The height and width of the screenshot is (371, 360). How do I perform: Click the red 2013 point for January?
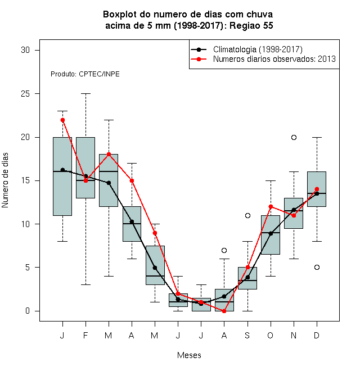point(62,120)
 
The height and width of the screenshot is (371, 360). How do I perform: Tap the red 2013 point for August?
point(224,311)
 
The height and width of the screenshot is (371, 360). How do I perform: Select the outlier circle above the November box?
point(294,137)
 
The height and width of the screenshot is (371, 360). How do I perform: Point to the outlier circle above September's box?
point(247,215)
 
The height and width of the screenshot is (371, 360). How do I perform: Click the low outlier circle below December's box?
point(317,267)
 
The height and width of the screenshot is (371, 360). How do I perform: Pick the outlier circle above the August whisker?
point(224,250)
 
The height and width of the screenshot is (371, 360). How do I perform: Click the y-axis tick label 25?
point(25,94)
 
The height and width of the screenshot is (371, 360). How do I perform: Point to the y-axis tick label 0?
point(28,311)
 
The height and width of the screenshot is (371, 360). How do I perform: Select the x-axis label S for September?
point(247,335)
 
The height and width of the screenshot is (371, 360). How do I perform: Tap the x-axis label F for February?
point(85,335)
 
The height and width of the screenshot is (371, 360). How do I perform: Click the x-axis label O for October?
point(270,335)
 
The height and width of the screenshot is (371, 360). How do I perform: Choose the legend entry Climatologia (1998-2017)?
point(258,49)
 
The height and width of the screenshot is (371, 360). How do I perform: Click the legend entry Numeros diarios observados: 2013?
point(274,59)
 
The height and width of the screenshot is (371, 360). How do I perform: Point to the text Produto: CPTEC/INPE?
point(85,74)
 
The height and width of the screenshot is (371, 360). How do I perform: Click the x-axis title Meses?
point(189,355)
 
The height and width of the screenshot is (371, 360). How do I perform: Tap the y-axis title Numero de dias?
point(5,180)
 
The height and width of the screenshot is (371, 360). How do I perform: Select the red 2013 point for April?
point(132,181)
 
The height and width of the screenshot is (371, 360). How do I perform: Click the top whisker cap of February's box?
point(85,94)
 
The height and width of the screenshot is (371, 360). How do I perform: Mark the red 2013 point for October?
point(271,206)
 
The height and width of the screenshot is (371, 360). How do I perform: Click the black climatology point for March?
point(109,183)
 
